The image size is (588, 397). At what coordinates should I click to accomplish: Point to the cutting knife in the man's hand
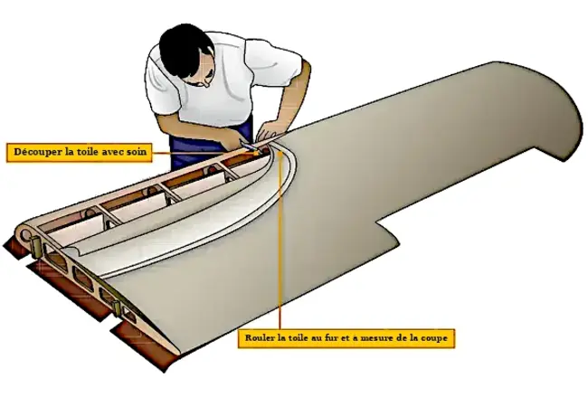pos(246,144)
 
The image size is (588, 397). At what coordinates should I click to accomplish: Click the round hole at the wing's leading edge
pos(26,235)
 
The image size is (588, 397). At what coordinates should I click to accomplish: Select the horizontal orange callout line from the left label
pos(204,152)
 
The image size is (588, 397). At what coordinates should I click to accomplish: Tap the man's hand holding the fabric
pos(270,131)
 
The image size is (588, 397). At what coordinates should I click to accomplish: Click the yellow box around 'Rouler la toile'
pos(346,338)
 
